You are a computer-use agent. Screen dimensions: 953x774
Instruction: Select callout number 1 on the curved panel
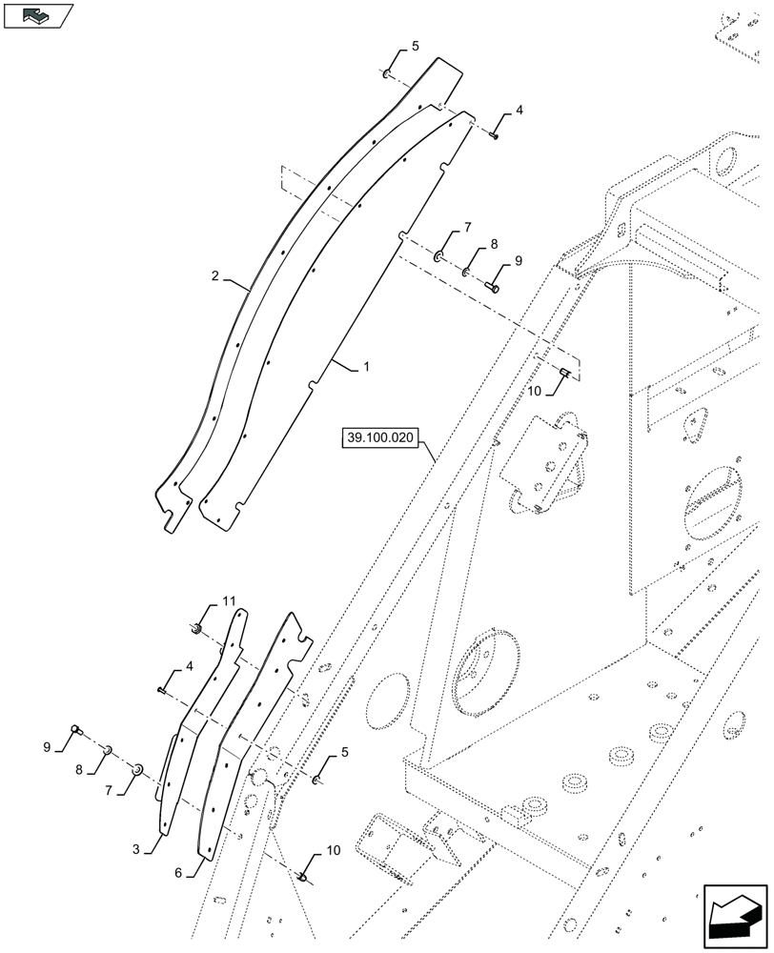[x=365, y=365]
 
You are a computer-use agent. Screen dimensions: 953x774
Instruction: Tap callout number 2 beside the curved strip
[x=215, y=276]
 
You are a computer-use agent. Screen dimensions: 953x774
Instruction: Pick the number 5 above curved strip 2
[x=415, y=46]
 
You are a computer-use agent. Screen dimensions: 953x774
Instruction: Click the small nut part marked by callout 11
[x=195, y=626]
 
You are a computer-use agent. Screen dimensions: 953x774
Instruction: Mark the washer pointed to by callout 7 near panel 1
[x=438, y=255]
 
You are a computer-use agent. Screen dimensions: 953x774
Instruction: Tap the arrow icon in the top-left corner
[x=38, y=15]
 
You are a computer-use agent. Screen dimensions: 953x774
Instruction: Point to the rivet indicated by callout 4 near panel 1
[x=495, y=136]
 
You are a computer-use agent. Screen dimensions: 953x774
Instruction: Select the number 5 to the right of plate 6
[x=345, y=752]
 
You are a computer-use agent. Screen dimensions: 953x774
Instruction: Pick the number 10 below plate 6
[x=332, y=849]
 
